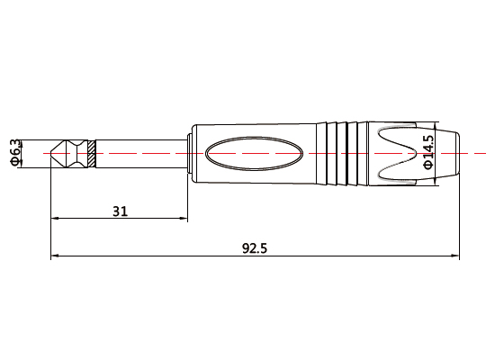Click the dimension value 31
click(x=120, y=211)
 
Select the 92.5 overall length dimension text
click(x=255, y=249)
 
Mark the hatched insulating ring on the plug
click(x=92, y=154)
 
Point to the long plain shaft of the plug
click(x=139, y=154)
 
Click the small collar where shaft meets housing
click(x=188, y=154)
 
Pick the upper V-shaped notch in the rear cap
click(x=400, y=138)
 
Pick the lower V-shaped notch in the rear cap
click(x=400, y=170)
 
